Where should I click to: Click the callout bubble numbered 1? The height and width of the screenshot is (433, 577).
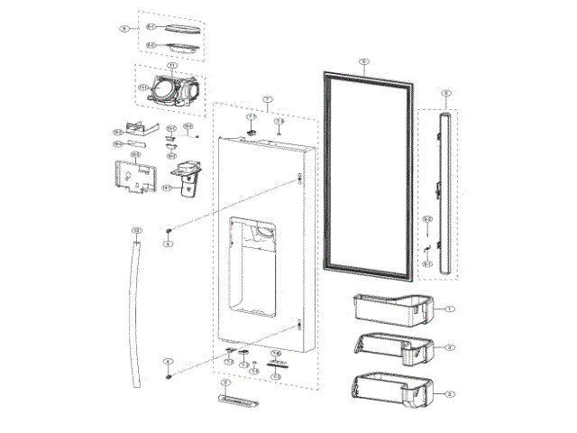[x=448, y=309]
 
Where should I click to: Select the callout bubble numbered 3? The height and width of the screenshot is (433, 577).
[x=448, y=346]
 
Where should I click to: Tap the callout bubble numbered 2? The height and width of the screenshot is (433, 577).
[x=448, y=393]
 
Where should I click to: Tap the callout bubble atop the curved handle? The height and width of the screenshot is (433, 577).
[x=136, y=231]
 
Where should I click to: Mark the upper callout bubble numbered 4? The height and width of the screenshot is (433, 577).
[x=168, y=244]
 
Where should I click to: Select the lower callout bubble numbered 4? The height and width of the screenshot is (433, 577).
[x=168, y=361]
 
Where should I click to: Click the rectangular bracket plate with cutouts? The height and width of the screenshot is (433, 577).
[x=131, y=175]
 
